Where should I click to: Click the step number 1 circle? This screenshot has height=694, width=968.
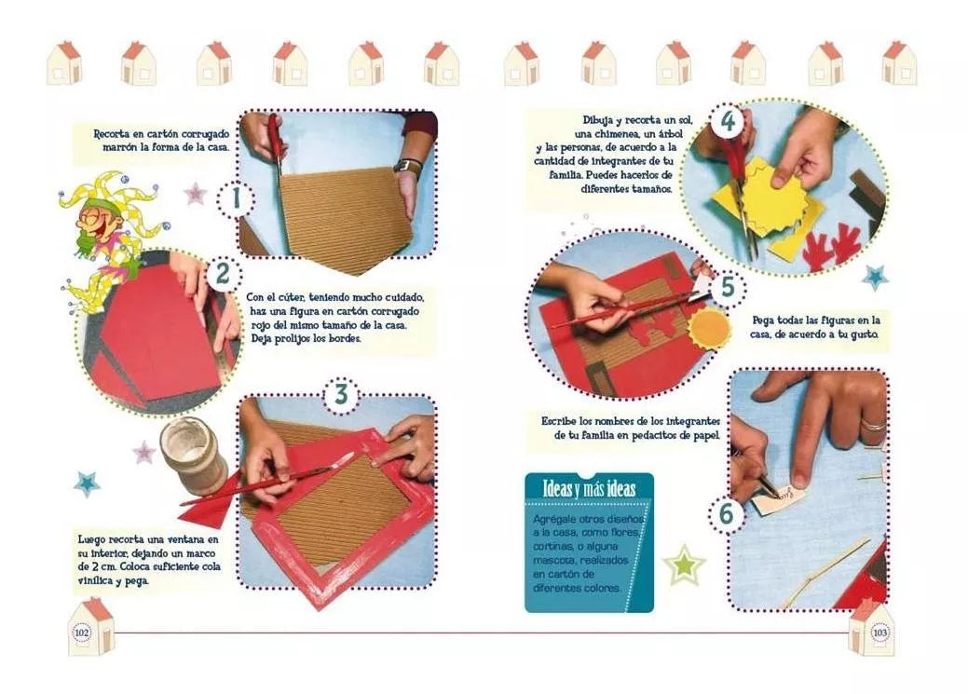click(235, 199)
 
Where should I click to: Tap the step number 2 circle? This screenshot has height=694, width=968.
click(223, 274)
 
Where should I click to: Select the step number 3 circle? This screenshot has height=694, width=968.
click(341, 395)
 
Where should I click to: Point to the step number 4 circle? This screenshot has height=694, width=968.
click(729, 121)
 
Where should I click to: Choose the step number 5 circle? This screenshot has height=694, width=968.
click(728, 288)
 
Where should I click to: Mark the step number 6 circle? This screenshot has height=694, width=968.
click(727, 514)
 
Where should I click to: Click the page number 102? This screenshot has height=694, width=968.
click(81, 633)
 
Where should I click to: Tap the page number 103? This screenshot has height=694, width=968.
click(879, 633)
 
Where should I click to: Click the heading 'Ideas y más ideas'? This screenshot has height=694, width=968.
click(589, 489)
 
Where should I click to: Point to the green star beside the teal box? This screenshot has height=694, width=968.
click(684, 565)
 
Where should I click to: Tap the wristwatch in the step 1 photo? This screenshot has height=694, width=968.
click(408, 166)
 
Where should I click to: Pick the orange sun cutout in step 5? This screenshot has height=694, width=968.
click(709, 328)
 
